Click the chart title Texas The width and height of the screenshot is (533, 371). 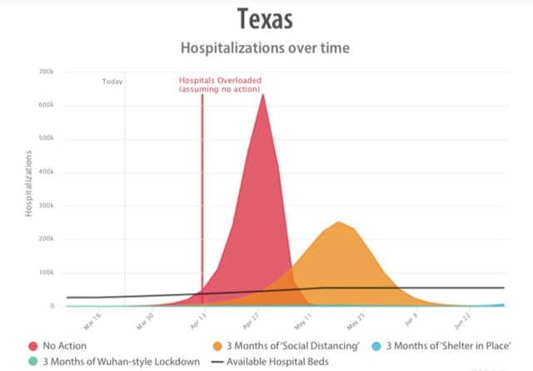point(264,18)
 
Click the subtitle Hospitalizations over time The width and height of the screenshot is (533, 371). point(264,48)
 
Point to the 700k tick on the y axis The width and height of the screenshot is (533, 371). point(46,73)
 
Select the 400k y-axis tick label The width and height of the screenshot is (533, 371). point(46,173)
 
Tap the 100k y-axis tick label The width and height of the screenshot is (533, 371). point(46,273)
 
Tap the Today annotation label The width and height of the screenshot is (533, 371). point(112,82)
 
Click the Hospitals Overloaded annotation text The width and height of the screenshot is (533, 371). point(220,85)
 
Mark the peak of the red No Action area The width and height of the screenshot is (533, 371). point(263,95)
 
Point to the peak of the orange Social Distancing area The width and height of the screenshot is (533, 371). point(338,223)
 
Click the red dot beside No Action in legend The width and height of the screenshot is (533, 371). point(32,345)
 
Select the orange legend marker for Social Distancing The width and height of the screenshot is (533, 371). point(219,345)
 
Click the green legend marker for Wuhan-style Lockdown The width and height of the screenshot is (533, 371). point(32,362)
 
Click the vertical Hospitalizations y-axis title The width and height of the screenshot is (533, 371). point(27,184)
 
